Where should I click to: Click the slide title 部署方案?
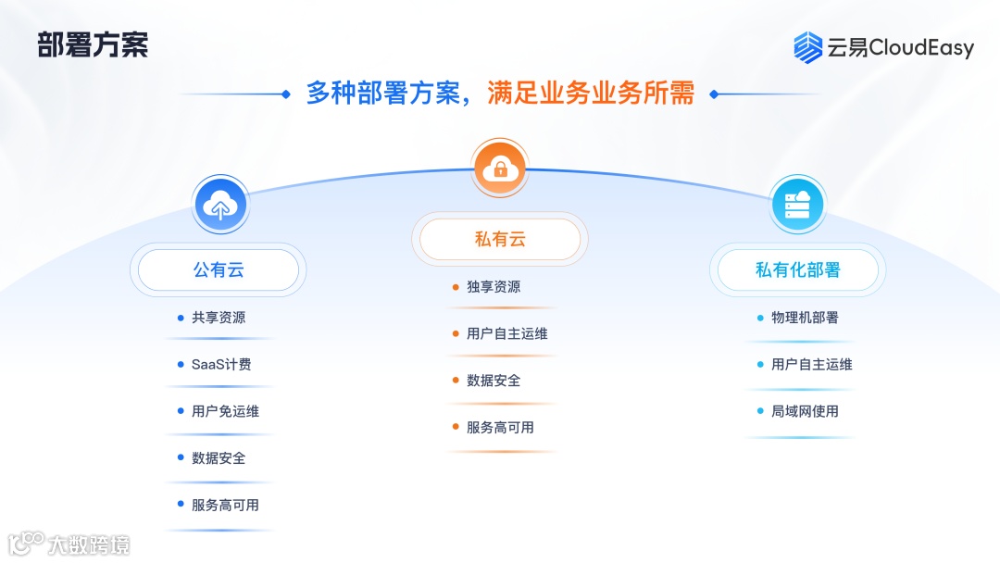93,44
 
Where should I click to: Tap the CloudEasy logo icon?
807,47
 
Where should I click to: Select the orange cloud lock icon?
500,168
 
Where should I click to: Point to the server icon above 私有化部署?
797,205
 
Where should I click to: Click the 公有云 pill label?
219,270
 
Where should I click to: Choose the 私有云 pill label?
500,240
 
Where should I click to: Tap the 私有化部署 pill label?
797,270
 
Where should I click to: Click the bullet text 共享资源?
219,318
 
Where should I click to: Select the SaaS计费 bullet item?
221,365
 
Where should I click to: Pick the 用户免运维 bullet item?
225,411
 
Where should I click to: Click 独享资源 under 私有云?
494,287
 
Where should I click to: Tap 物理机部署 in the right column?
805,318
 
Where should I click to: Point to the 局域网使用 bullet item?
805,411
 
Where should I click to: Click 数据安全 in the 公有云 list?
219,458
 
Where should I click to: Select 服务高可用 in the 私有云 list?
500,428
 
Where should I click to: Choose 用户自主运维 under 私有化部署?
811,365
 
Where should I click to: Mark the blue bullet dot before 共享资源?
181,318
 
